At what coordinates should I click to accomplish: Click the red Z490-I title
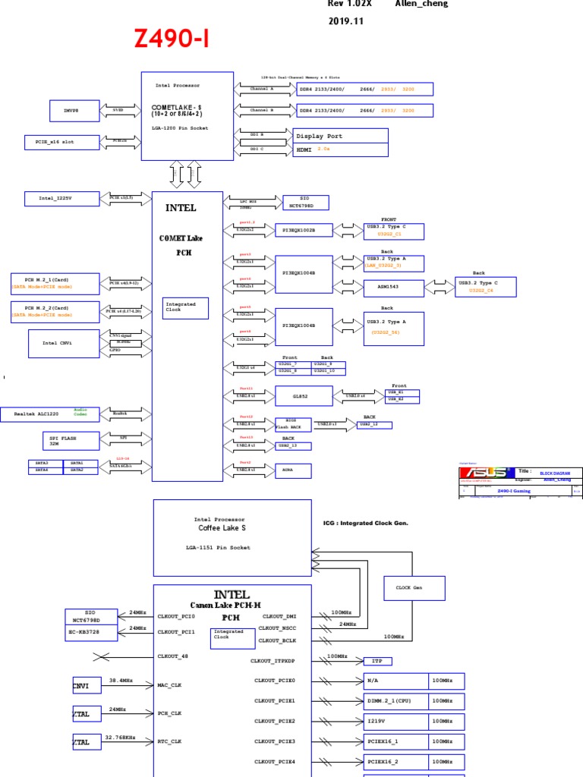173,38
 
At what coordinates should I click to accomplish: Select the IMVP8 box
76,110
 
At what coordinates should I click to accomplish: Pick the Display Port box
340,137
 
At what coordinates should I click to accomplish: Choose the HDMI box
340,150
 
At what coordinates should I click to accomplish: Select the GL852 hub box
303,396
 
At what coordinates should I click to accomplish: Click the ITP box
377,662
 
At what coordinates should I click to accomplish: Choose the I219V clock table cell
396,721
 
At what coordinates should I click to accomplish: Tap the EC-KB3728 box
92,631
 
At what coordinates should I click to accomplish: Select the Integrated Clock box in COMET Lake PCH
185,307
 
